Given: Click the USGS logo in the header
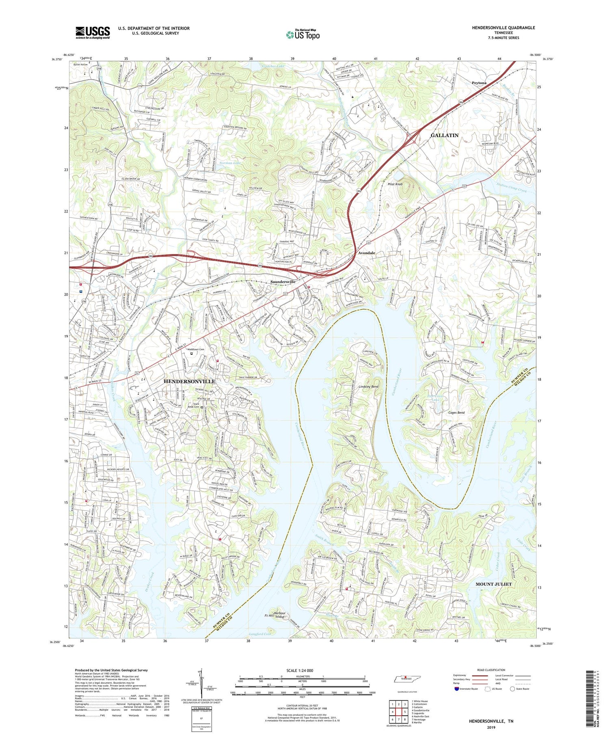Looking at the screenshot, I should (x=93, y=32).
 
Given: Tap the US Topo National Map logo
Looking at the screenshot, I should (x=302, y=35).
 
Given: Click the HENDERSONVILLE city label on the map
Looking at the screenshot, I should (x=189, y=382).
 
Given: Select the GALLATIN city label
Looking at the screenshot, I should (x=445, y=135).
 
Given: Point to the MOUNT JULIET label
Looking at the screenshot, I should (x=493, y=584).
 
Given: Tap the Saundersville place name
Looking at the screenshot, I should (x=283, y=281).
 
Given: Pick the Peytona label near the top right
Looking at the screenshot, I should (x=479, y=83).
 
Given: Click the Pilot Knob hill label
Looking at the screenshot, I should (x=395, y=184).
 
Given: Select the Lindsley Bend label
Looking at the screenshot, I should (x=368, y=386).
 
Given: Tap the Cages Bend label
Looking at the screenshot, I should (x=456, y=412).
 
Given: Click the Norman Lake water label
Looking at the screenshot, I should (x=230, y=163).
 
